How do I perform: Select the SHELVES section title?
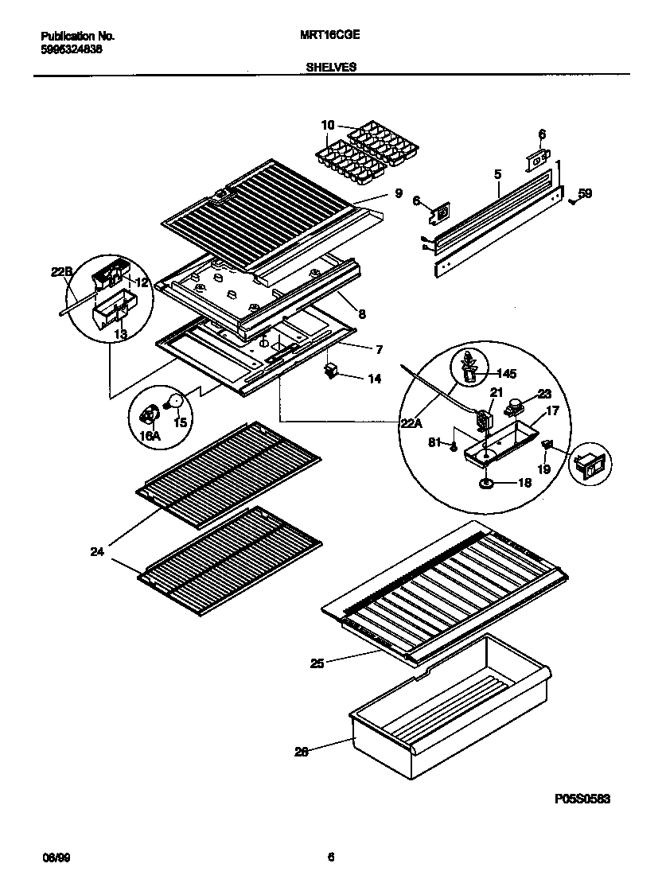point(330,68)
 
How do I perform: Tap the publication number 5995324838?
point(71,49)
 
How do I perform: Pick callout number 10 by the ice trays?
point(328,125)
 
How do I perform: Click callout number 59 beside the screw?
point(585,192)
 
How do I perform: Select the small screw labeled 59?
point(572,201)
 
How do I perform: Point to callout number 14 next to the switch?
point(373,379)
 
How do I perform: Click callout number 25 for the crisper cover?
point(317,663)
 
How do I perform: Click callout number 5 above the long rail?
point(497,173)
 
